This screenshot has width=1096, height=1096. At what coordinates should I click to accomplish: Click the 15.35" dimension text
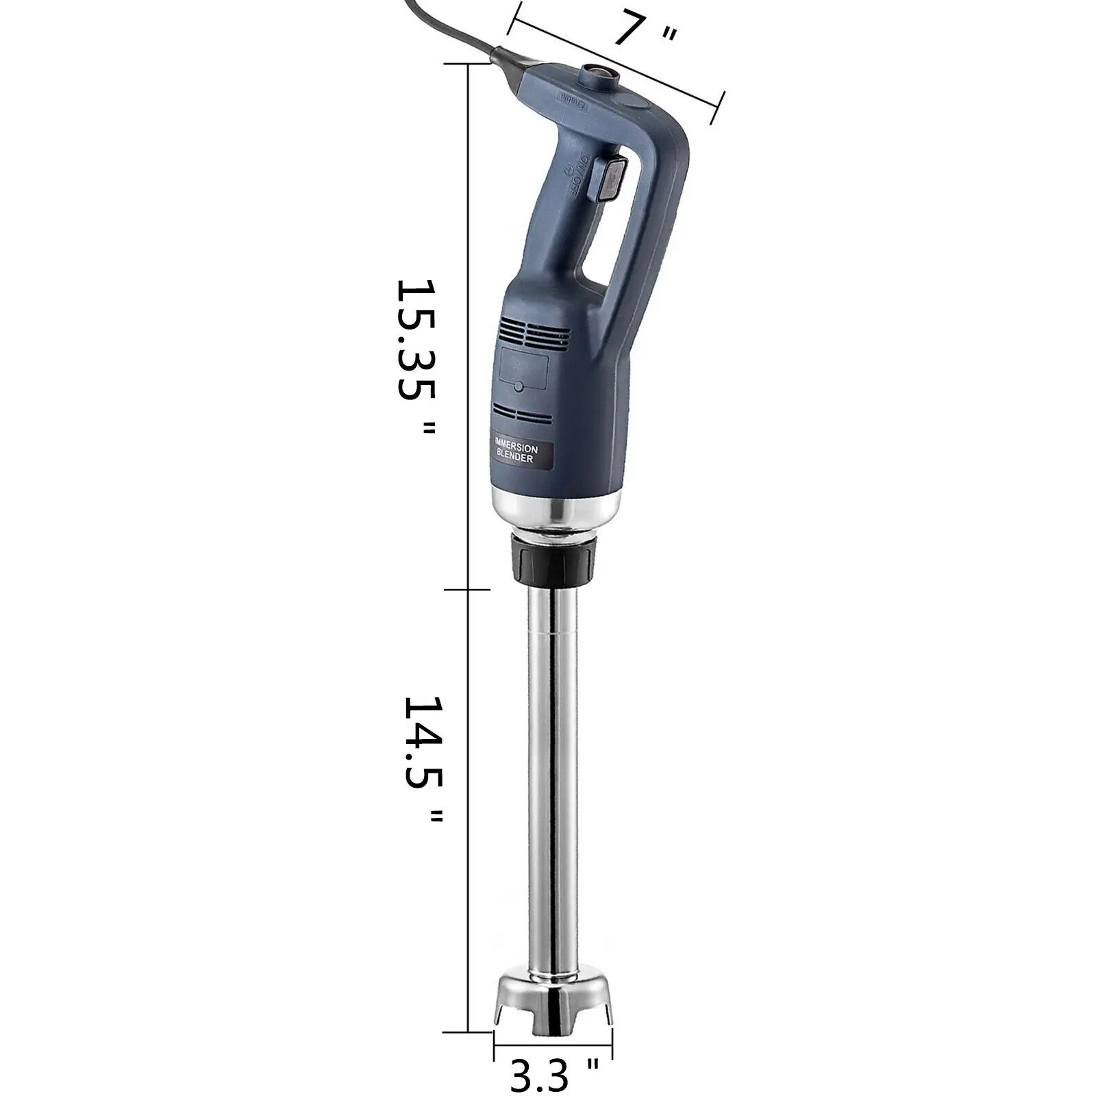click(416, 356)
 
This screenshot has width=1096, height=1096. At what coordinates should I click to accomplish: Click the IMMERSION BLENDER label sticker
click(522, 453)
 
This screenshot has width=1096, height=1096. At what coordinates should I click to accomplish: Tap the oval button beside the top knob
click(631, 101)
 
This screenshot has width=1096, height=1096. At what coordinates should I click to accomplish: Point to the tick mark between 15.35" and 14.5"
click(469, 589)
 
